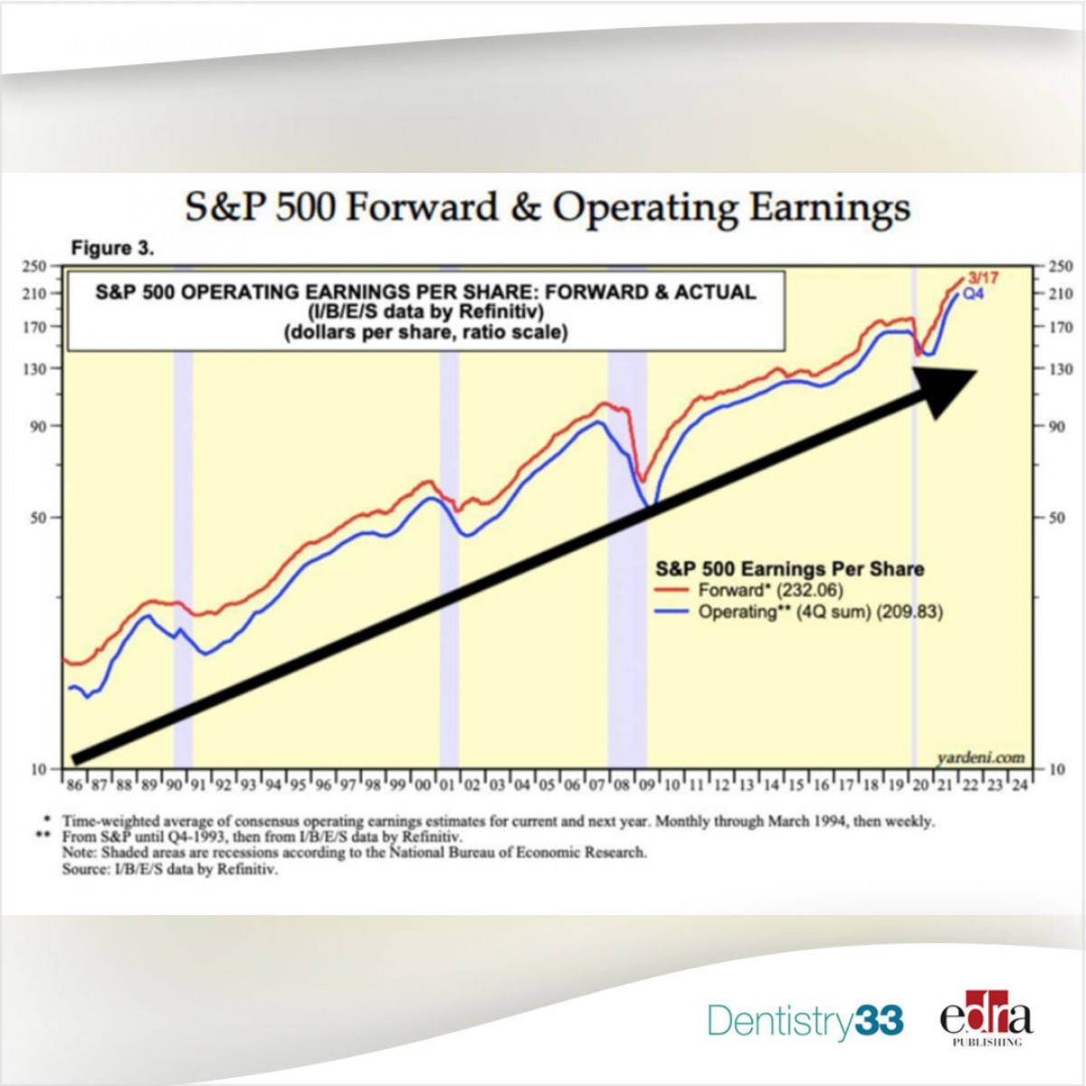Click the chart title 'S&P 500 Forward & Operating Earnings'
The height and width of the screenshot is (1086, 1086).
547,208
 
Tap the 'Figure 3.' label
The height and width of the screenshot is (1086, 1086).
112,248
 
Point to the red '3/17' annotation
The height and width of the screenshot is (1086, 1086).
982,278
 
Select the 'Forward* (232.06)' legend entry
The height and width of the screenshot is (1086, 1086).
770,591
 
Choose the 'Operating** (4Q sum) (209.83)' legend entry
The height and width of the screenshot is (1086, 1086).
820,613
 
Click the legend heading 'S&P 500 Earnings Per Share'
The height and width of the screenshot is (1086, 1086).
789,569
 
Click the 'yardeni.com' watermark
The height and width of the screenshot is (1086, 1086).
981,757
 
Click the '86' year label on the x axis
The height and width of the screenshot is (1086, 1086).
73,786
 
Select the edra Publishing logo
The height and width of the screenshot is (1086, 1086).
986,1022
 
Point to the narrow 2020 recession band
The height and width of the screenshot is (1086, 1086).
913,543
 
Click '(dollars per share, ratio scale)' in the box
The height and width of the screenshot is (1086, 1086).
425,333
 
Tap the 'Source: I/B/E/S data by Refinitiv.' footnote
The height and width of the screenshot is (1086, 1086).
170,870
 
